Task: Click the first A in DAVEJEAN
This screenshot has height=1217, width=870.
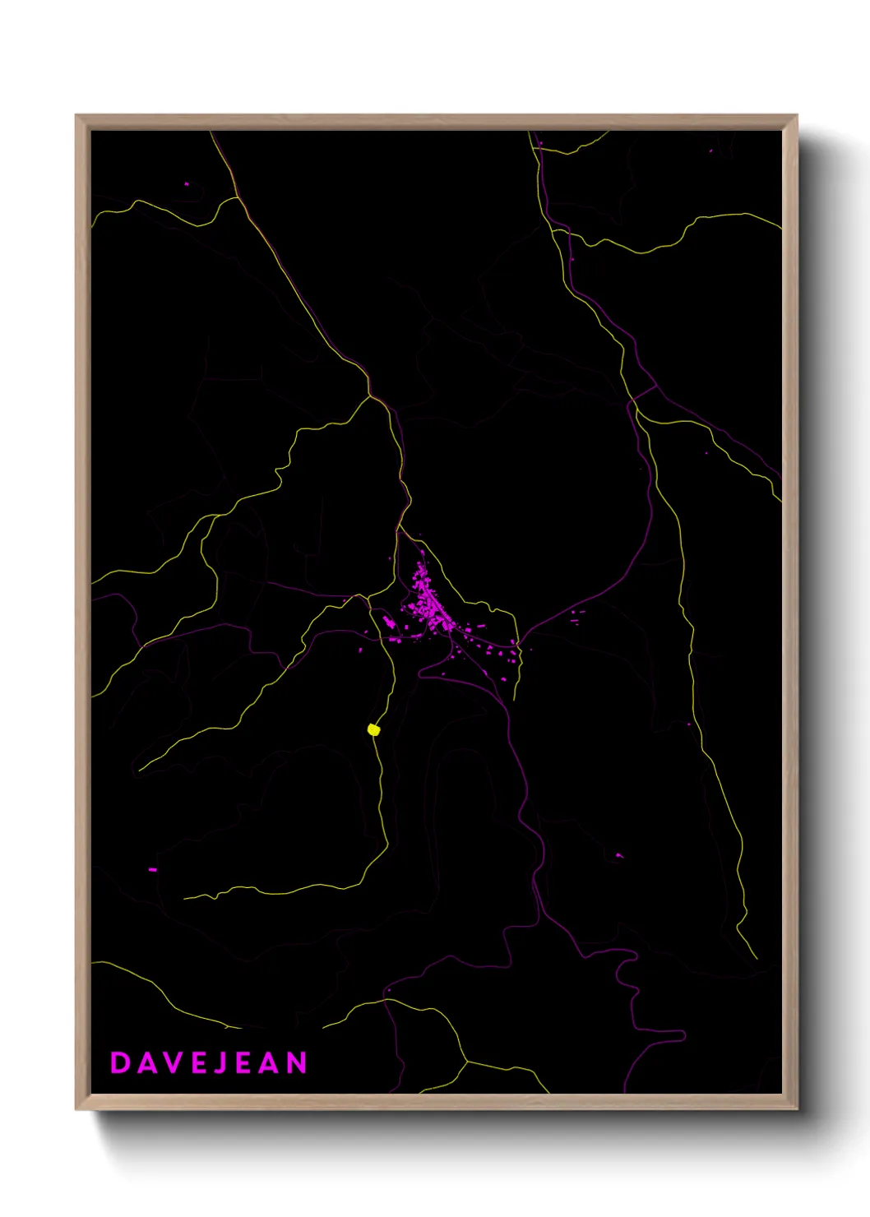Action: tap(146, 1062)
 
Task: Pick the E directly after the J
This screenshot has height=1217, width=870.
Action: tap(242, 1062)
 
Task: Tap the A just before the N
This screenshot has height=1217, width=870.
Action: tap(268, 1062)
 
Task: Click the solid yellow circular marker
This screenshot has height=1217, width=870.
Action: tap(373, 729)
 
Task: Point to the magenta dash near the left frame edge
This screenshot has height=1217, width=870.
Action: tap(152, 869)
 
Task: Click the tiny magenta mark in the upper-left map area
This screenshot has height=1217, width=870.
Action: tap(187, 183)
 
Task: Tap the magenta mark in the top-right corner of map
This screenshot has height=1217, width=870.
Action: tap(711, 150)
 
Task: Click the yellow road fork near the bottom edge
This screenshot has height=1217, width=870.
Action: tap(466, 1062)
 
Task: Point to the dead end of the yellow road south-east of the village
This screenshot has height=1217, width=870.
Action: tap(515, 699)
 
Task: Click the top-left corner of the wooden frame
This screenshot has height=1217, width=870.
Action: tap(76, 116)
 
